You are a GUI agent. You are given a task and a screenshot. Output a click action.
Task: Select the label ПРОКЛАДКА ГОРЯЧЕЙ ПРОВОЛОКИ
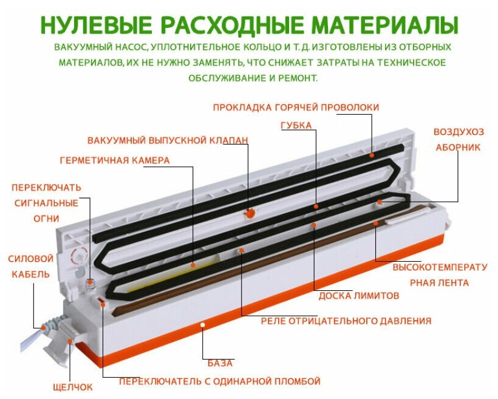coord(296,107)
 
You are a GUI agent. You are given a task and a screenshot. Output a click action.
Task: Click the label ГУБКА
coord(296,126)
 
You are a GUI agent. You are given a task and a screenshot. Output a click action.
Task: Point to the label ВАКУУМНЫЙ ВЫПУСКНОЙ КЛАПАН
coord(168,140)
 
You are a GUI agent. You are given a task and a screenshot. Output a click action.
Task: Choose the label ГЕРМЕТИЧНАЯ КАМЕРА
coord(115,160)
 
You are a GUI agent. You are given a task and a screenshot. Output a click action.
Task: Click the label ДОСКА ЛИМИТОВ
coord(359,296)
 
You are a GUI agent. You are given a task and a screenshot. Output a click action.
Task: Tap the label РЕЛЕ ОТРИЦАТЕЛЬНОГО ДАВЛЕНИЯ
coord(346,321)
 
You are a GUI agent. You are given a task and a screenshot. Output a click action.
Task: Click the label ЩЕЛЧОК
coord(73,387)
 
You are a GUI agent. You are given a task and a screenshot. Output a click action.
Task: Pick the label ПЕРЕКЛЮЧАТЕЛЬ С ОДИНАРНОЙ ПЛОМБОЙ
coord(219,381)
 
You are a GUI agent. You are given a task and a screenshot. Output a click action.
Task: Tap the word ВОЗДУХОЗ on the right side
coord(459,132)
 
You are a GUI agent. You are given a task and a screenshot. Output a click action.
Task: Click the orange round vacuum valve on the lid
coord(249,212)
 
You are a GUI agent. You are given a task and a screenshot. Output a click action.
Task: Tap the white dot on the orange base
coord(203,326)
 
